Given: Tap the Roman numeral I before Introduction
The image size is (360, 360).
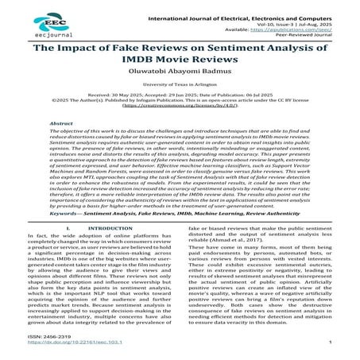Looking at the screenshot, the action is [72, 250].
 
